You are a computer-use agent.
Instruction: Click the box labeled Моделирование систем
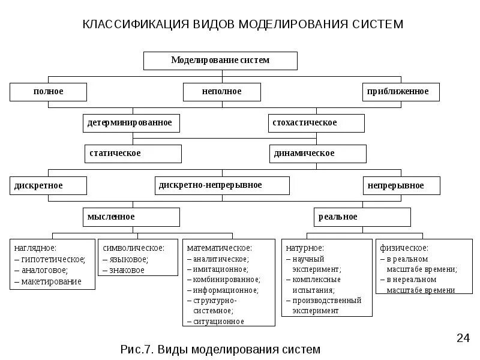tap(220, 61)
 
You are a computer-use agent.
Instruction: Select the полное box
tap(48, 92)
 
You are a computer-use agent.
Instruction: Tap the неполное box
tap(221, 92)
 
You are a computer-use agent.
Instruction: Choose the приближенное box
tap(401, 92)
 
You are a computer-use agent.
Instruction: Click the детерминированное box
tap(131, 123)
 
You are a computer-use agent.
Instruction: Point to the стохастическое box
tap(316, 123)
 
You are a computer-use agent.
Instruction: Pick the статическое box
tap(132, 154)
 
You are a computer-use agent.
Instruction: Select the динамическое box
tap(317, 154)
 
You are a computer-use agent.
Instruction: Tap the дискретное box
tap(48, 185)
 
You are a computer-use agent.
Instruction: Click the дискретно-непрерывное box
tap(221, 185)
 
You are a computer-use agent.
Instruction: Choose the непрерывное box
tap(401, 185)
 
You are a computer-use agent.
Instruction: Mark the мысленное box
tap(131, 217)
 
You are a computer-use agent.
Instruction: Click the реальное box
tap(362, 217)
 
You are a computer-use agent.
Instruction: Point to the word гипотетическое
tap(53, 259)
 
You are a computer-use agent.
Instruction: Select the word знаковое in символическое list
tap(127, 270)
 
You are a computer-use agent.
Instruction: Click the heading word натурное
tap(305, 248)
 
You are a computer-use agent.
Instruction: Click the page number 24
tap(463, 338)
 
